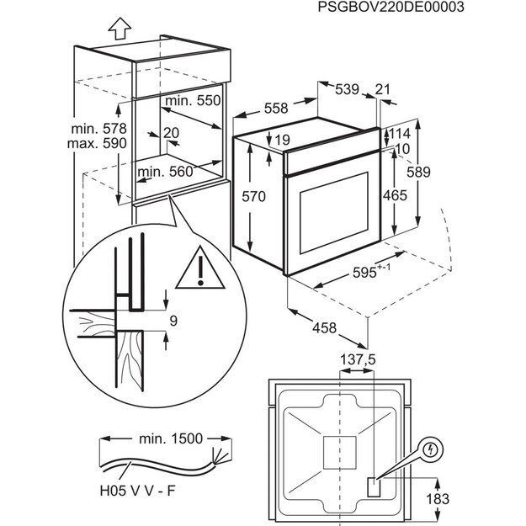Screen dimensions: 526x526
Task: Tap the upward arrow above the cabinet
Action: pos(119,29)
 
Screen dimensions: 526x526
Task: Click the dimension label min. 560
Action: pos(165,172)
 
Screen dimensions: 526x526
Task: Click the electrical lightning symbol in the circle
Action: pos(431,450)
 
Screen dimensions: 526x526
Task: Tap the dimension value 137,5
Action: pos(358,359)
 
